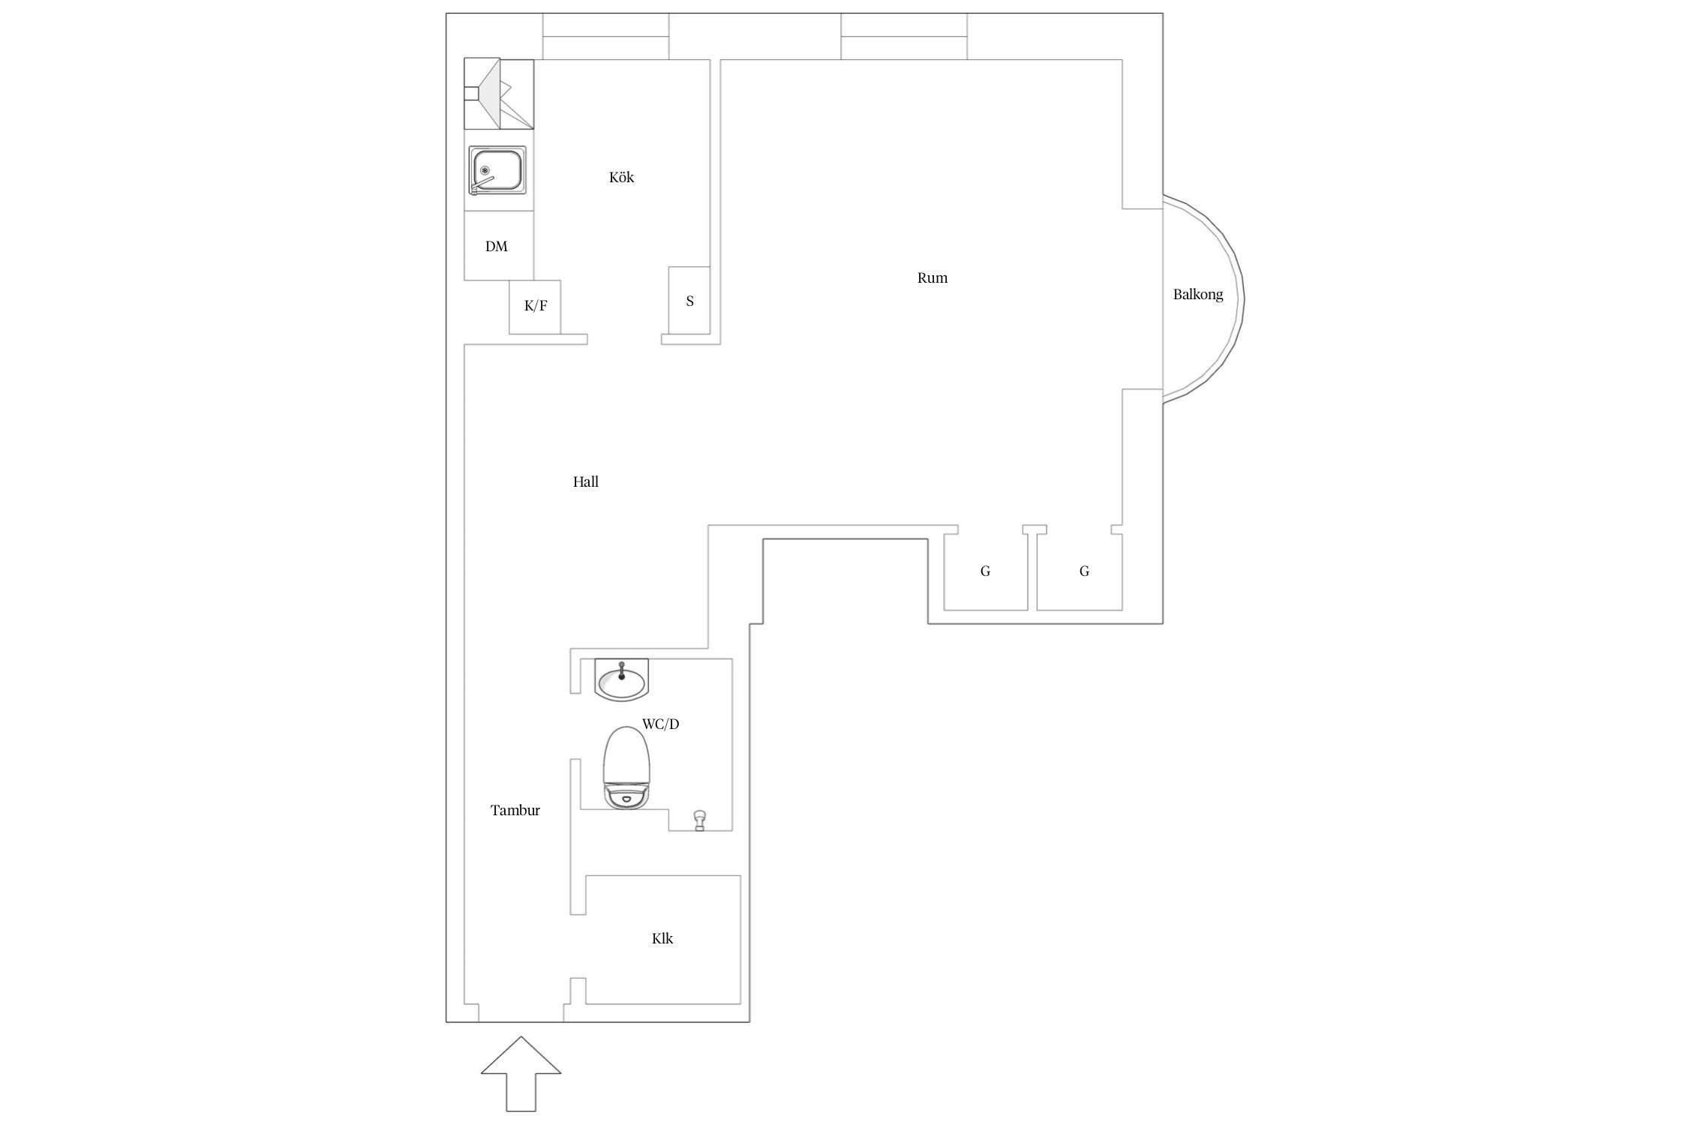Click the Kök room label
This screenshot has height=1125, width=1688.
(621, 178)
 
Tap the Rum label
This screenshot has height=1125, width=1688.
(933, 278)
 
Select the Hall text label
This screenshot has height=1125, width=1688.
(586, 482)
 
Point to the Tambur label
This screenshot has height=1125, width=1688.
(515, 810)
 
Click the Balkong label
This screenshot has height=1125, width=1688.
(1198, 295)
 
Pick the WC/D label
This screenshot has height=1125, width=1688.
(660, 724)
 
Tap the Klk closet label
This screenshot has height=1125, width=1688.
(662, 938)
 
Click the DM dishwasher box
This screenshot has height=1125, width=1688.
(499, 246)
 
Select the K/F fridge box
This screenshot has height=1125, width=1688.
(535, 307)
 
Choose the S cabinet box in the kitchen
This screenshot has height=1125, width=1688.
(689, 301)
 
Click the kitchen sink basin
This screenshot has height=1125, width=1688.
(497, 171)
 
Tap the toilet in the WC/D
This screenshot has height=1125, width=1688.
(626, 767)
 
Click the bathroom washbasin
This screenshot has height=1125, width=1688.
(621, 680)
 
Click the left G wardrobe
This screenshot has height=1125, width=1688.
(986, 571)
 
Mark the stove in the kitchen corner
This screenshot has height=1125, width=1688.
(499, 94)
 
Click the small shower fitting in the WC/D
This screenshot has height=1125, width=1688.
(700, 820)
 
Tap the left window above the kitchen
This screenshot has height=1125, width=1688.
(605, 36)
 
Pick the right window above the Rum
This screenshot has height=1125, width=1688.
(904, 36)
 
